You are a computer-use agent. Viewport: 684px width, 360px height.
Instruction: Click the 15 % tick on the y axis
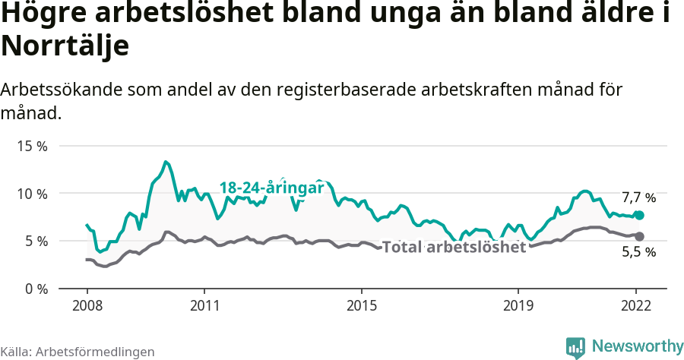click(32, 146)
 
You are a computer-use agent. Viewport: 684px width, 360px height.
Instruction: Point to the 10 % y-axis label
click(32, 194)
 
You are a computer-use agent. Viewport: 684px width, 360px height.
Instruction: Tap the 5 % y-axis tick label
click(35, 242)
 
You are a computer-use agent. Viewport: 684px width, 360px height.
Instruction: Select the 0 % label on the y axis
click(35, 289)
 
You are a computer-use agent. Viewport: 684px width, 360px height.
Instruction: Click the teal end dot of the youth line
click(639, 216)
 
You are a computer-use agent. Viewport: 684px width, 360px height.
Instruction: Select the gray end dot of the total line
click(639, 236)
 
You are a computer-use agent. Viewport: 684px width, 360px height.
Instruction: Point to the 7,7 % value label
click(638, 197)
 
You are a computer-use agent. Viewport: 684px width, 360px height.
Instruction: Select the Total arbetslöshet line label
click(454, 248)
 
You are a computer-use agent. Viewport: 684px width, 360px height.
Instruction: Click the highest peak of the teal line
click(166, 162)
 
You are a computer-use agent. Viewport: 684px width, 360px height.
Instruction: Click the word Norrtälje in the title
click(65, 46)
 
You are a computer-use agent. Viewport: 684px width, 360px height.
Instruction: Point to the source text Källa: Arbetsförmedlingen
click(78, 352)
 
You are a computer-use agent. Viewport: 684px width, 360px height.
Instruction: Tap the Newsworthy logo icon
click(575, 347)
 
